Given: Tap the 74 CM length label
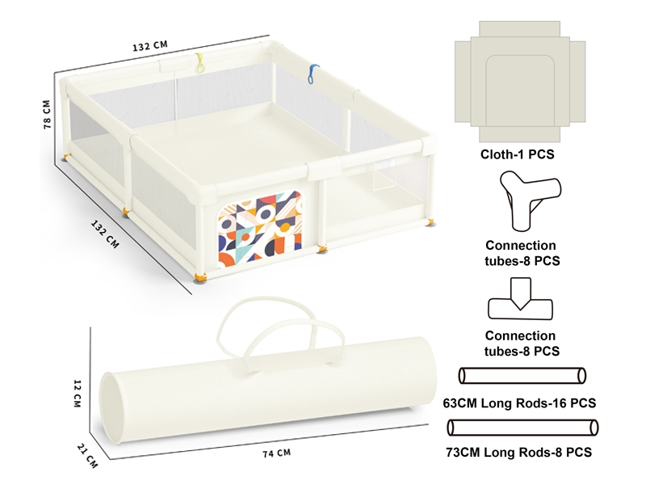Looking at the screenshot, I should coord(276,453).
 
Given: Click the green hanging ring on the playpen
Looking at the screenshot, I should coord(199,63).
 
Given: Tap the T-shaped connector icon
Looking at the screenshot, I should coord(520,300).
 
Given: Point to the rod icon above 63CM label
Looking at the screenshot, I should coord(522,376).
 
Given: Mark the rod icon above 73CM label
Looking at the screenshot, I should coord(522,427).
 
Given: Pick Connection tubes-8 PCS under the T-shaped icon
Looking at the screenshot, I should coord(520,344).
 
